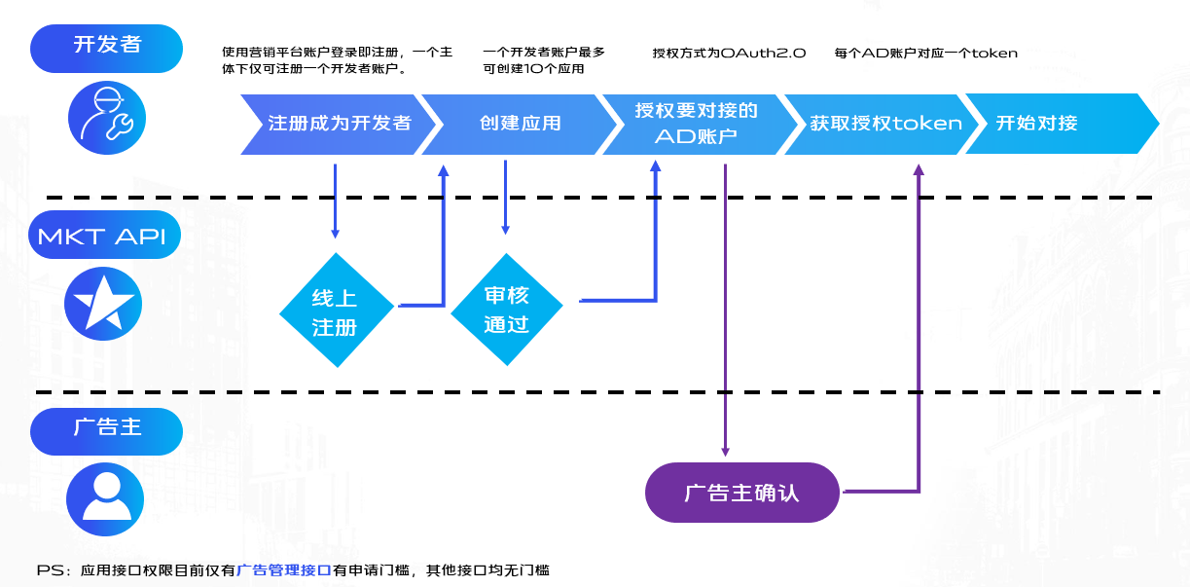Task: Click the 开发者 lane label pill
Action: (106, 46)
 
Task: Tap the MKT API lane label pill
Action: (106, 236)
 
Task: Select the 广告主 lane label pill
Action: (106, 429)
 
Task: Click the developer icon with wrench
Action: (106, 120)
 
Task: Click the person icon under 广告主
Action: (105, 496)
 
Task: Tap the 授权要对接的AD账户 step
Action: (695, 124)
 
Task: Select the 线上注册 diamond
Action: (336, 311)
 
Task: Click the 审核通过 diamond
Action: (506, 310)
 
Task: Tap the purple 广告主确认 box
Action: (741, 493)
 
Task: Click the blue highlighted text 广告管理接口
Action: (285, 570)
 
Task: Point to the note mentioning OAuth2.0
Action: (729, 53)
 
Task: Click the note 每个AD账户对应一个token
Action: (925, 53)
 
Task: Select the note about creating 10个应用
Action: (543, 60)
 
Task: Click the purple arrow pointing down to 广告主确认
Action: (725, 312)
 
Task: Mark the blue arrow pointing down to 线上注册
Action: (336, 201)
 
